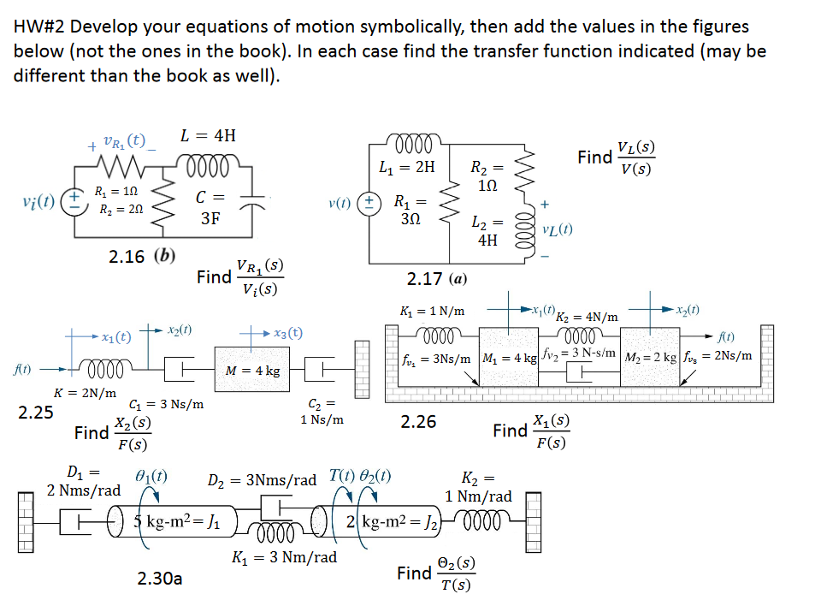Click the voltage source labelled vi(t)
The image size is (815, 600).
(76, 205)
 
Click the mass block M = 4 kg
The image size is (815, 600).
(252, 371)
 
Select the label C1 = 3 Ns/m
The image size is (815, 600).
(166, 405)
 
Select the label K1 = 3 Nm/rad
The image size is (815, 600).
(285, 557)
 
